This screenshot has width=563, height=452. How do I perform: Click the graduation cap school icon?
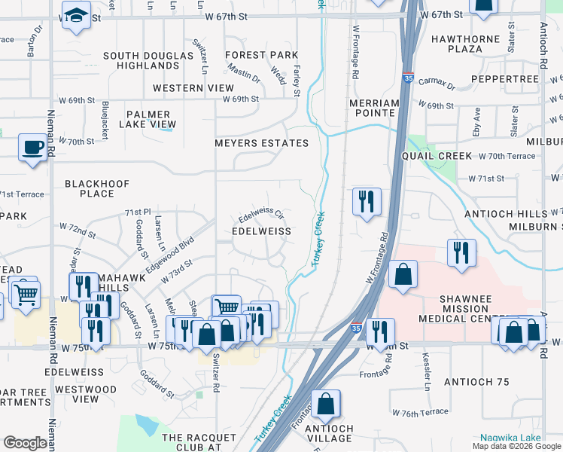pyautogui.click(x=76, y=16)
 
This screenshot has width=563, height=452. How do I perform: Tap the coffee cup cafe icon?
pyautogui.click(x=32, y=146)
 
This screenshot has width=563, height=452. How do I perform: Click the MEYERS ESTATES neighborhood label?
pyautogui.click(x=261, y=143)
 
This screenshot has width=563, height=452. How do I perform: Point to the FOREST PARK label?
pyautogui.click(x=261, y=55)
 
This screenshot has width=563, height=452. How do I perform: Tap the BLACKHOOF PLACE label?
pyautogui.click(x=97, y=188)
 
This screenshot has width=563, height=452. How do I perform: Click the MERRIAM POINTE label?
pyautogui.click(x=374, y=108)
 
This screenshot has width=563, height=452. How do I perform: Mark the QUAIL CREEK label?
pyautogui.click(x=437, y=156)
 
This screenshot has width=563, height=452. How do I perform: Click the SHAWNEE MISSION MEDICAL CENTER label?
pyautogui.click(x=466, y=309)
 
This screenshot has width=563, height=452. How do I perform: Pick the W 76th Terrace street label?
pyautogui.click(x=421, y=413)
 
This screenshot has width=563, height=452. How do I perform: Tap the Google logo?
pyautogui.click(x=25, y=443)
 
